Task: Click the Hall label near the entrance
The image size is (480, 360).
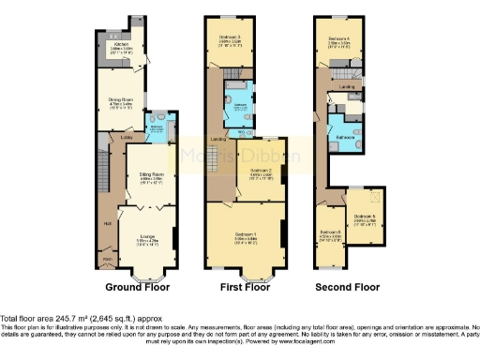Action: click(x=109, y=223)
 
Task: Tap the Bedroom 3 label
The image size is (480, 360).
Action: click(x=230, y=41)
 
